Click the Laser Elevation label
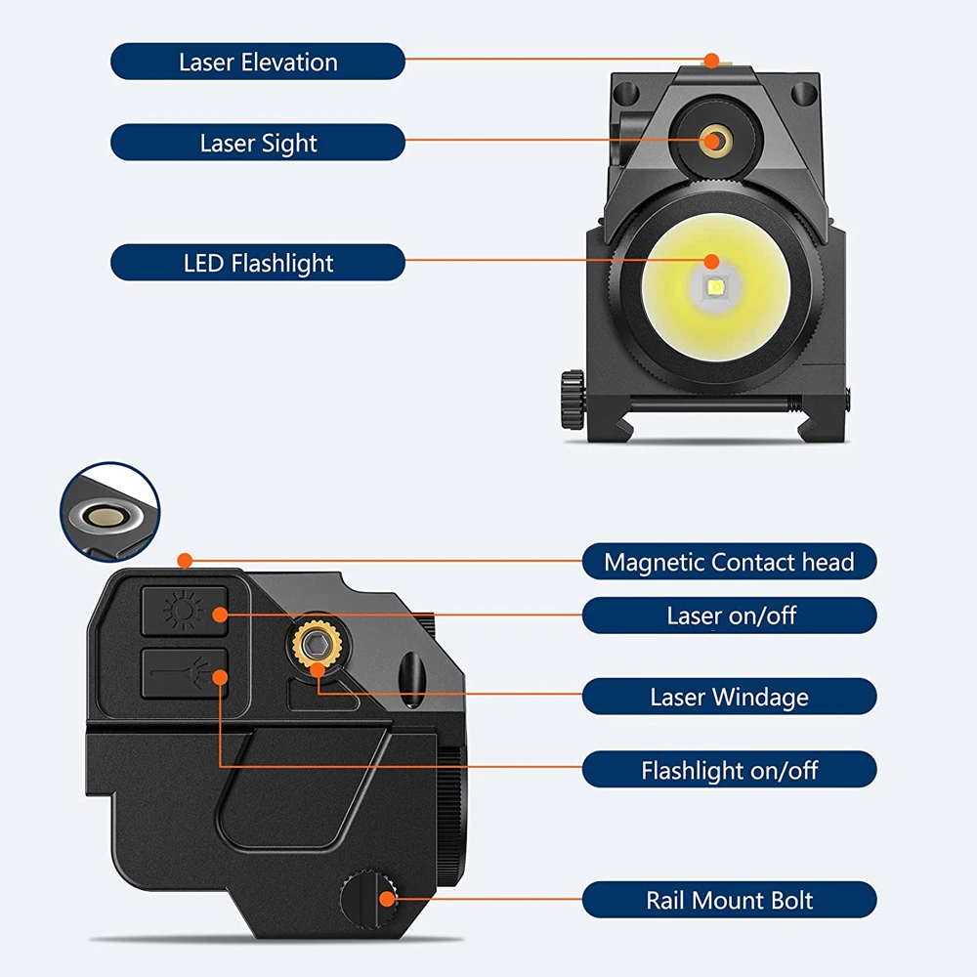(x=258, y=62)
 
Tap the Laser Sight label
(x=258, y=143)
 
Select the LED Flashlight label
(x=258, y=263)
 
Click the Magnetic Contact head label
(x=729, y=562)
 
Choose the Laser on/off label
(x=729, y=616)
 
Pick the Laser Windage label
(x=729, y=697)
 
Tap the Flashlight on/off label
(x=729, y=770)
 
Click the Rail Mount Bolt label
(x=729, y=900)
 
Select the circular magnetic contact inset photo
(x=109, y=513)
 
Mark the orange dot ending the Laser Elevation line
(x=711, y=61)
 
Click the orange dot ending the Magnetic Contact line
(x=183, y=561)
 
